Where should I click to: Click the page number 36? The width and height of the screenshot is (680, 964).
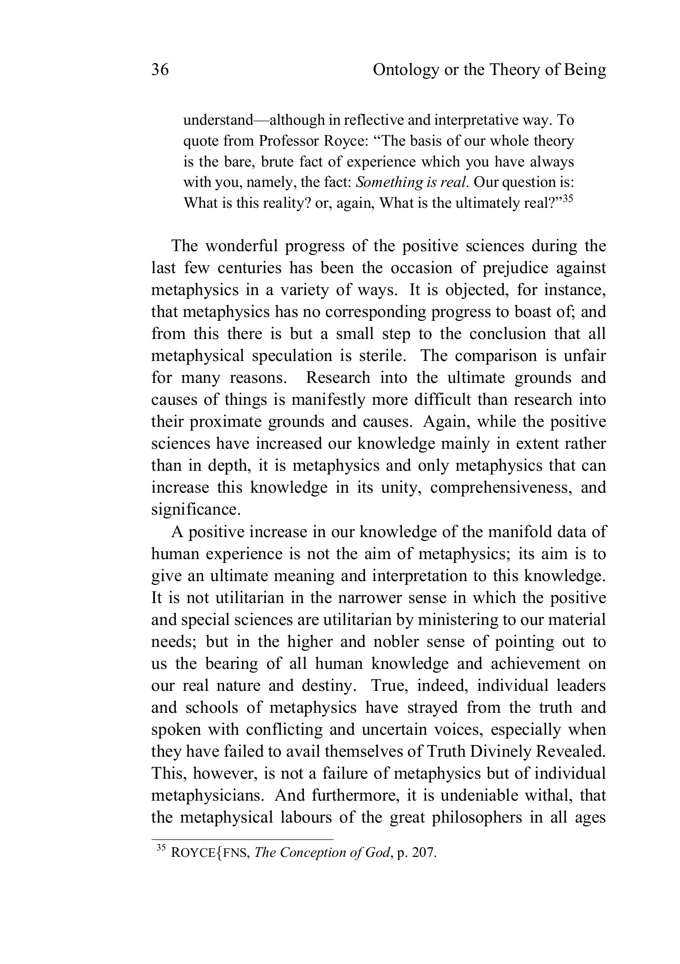(160, 70)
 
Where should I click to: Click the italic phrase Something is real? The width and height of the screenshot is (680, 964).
(413, 182)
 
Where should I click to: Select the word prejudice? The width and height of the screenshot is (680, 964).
(479, 268)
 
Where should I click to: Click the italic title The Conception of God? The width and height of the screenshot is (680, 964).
(322, 853)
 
